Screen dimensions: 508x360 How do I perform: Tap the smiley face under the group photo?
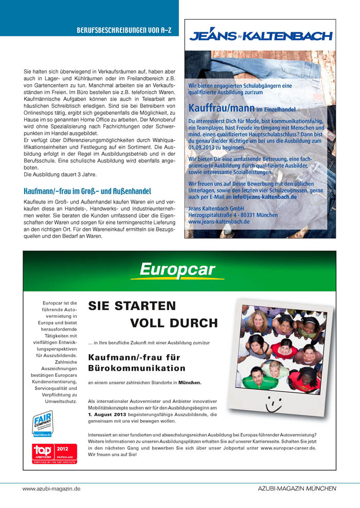point(272,406)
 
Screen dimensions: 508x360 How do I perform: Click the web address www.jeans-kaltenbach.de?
point(219,222)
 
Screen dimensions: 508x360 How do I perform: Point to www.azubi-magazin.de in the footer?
point(51,488)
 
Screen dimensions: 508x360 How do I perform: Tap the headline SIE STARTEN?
point(132,306)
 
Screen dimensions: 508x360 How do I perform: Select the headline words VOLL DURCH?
point(174,323)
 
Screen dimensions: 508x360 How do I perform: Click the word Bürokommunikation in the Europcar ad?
point(137,368)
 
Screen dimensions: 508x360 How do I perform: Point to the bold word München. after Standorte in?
point(190,383)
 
